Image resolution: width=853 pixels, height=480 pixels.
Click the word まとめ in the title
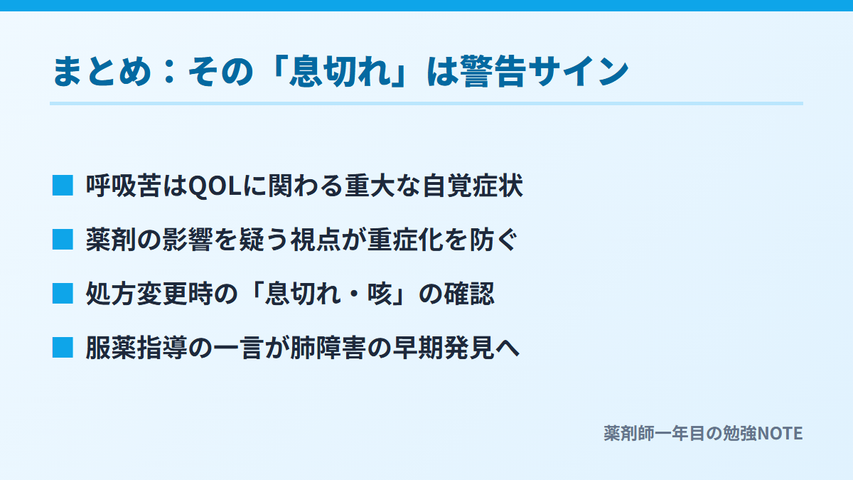pyautogui.click(x=102, y=71)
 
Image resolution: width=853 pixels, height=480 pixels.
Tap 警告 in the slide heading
pyautogui.click(x=493, y=71)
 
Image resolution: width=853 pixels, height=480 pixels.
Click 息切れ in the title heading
pyautogui.click(x=340, y=71)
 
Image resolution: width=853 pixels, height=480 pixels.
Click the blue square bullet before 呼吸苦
pyautogui.click(x=63, y=186)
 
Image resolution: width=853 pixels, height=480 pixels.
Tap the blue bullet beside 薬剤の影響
pyautogui.click(x=63, y=240)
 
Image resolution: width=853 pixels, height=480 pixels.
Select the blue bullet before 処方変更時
pyautogui.click(x=63, y=293)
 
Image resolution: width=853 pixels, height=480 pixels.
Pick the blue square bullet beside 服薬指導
pyautogui.click(x=63, y=348)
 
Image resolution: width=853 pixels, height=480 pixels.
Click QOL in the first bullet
pyautogui.click(x=215, y=186)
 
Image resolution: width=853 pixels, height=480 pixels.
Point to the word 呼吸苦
pyautogui.click(x=124, y=186)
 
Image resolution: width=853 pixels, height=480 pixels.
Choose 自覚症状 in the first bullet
pyautogui.click(x=473, y=186)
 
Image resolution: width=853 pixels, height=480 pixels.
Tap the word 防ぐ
pyautogui.click(x=493, y=240)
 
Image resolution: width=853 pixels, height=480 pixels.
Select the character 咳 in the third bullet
pyautogui.click(x=380, y=294)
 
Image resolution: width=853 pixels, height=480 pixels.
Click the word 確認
pyautogui.click(x=469, y=294)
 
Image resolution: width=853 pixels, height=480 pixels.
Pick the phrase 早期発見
pyautogui.click(x=444, y=348)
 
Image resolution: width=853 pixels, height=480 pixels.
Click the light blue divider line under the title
pyautogui.click(x=426, y=103)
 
